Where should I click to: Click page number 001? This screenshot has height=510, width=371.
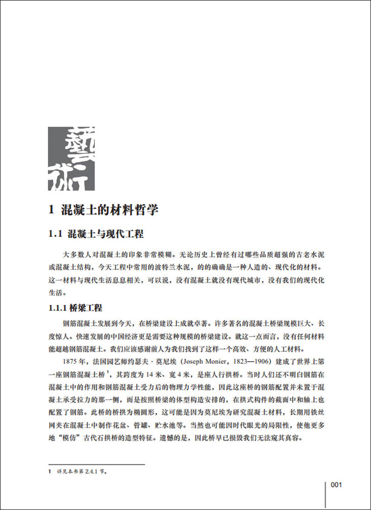click(x=338, y=485)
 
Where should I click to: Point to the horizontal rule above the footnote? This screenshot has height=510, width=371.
click(x=97, y=463)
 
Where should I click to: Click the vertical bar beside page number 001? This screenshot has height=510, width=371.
click(x=325, y=493)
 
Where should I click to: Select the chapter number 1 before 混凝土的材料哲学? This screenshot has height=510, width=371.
click(x=51, y=209)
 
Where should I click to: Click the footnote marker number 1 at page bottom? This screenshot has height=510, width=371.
click(x=50, y=471)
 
